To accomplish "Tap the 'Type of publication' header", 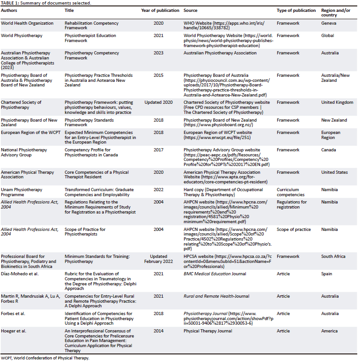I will [x=296, y=10].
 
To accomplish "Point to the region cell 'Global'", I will [x=328, y=35].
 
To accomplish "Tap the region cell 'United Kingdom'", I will [x=337, y=102].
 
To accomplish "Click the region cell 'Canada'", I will [x=328, y=150].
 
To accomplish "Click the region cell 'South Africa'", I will [x=334, y=257].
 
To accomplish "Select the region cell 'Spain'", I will [x=327, y=274].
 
